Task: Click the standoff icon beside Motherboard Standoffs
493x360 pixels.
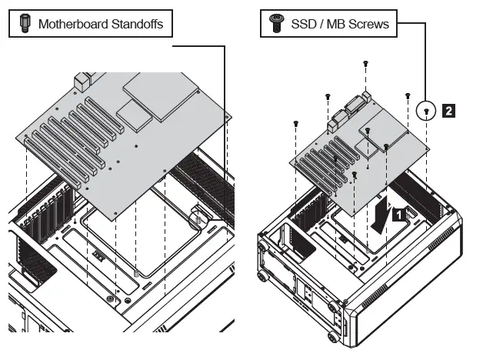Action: tap(25, 24)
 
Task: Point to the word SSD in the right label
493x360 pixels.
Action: tap(304, 25)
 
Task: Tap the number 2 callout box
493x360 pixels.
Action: tap(448, 112)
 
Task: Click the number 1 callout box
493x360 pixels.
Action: tap(398, 216)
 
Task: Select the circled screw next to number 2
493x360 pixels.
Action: tap(425, 112)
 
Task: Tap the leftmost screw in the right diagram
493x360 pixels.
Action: tap(296, 123)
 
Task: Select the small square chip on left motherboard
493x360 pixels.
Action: tap(132, 115)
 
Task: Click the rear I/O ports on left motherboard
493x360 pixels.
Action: tap(83, 80)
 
